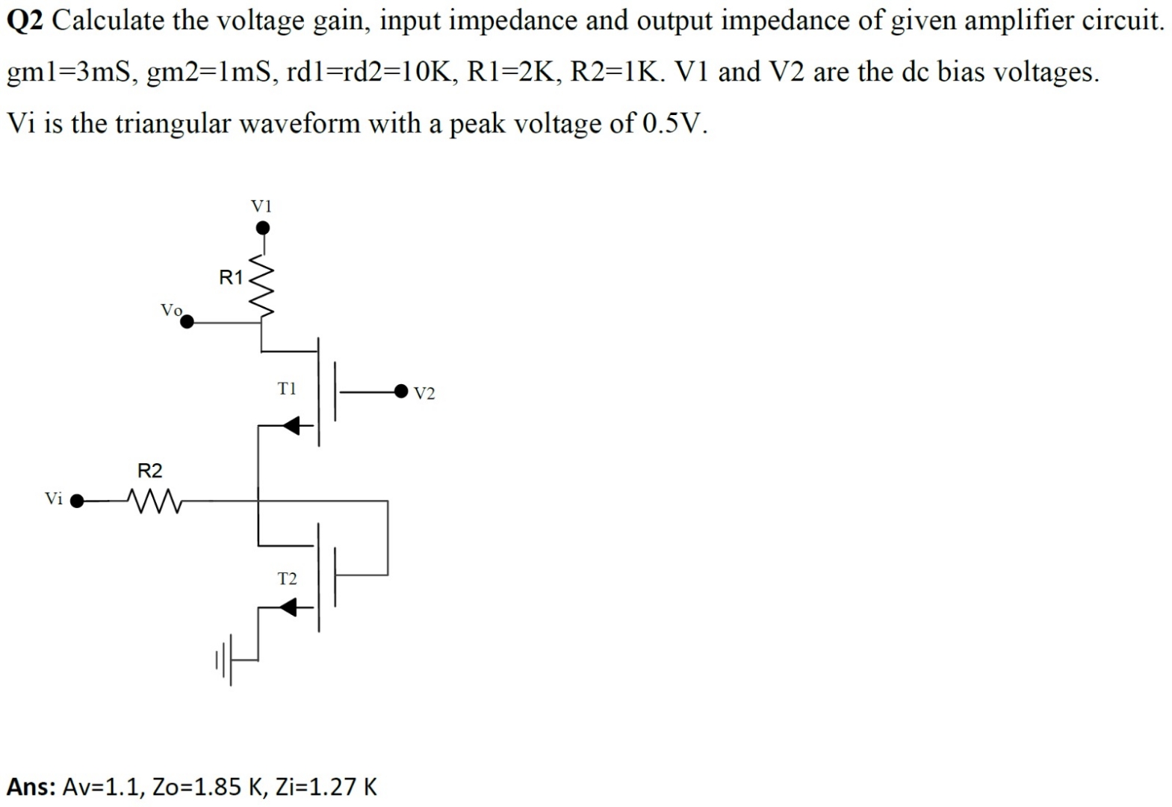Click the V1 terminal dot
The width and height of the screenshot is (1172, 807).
pyautogui.click(x=262, y=227)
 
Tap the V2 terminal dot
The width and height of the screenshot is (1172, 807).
pyautogui.click(x=402, y=390)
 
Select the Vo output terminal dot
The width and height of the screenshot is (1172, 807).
pyautogui.click(x=187, y=322)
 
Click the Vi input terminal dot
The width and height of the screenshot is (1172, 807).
pyautogui.click(x=76, y=501)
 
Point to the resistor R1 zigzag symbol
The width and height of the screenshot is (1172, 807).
pyautogui.click(x=262, y=284)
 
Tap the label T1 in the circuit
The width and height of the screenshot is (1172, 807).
pyautogui.click(x=287, y=389)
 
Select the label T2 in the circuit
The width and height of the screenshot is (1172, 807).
pyautogui.click(x=287, y=578)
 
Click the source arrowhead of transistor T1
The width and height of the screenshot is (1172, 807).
pyautogui.click(x=291, y=426)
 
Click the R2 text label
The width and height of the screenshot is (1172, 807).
pyautogui.click(x=149, y=471)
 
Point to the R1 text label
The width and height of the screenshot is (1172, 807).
pyautogui.click(x=231, y=278)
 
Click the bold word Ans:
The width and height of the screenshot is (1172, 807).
pyautogui.click(x=31, y=786)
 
